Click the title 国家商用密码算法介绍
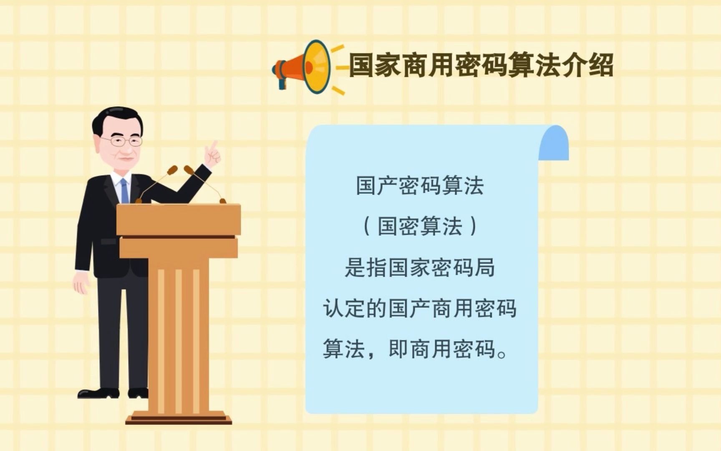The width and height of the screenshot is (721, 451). (x=481, y=66)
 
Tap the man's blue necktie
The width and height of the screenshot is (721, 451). (x=124, y=190)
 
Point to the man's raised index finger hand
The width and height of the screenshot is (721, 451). (x=213, y=155)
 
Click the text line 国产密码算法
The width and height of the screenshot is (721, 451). (x=420, y=186)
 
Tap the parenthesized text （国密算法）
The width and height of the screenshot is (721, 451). (x=420, y=226)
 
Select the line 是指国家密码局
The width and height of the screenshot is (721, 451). (x=420, y=267)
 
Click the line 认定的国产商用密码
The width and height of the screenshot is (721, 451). (x=420, y=309)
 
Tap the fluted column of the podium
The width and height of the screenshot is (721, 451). (x=179, y=334)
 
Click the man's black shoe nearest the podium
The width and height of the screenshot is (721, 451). (x=138, y=393)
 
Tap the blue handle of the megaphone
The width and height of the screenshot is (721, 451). (x=282, y=83)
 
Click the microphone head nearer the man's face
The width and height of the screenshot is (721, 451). (x=172, y=170)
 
